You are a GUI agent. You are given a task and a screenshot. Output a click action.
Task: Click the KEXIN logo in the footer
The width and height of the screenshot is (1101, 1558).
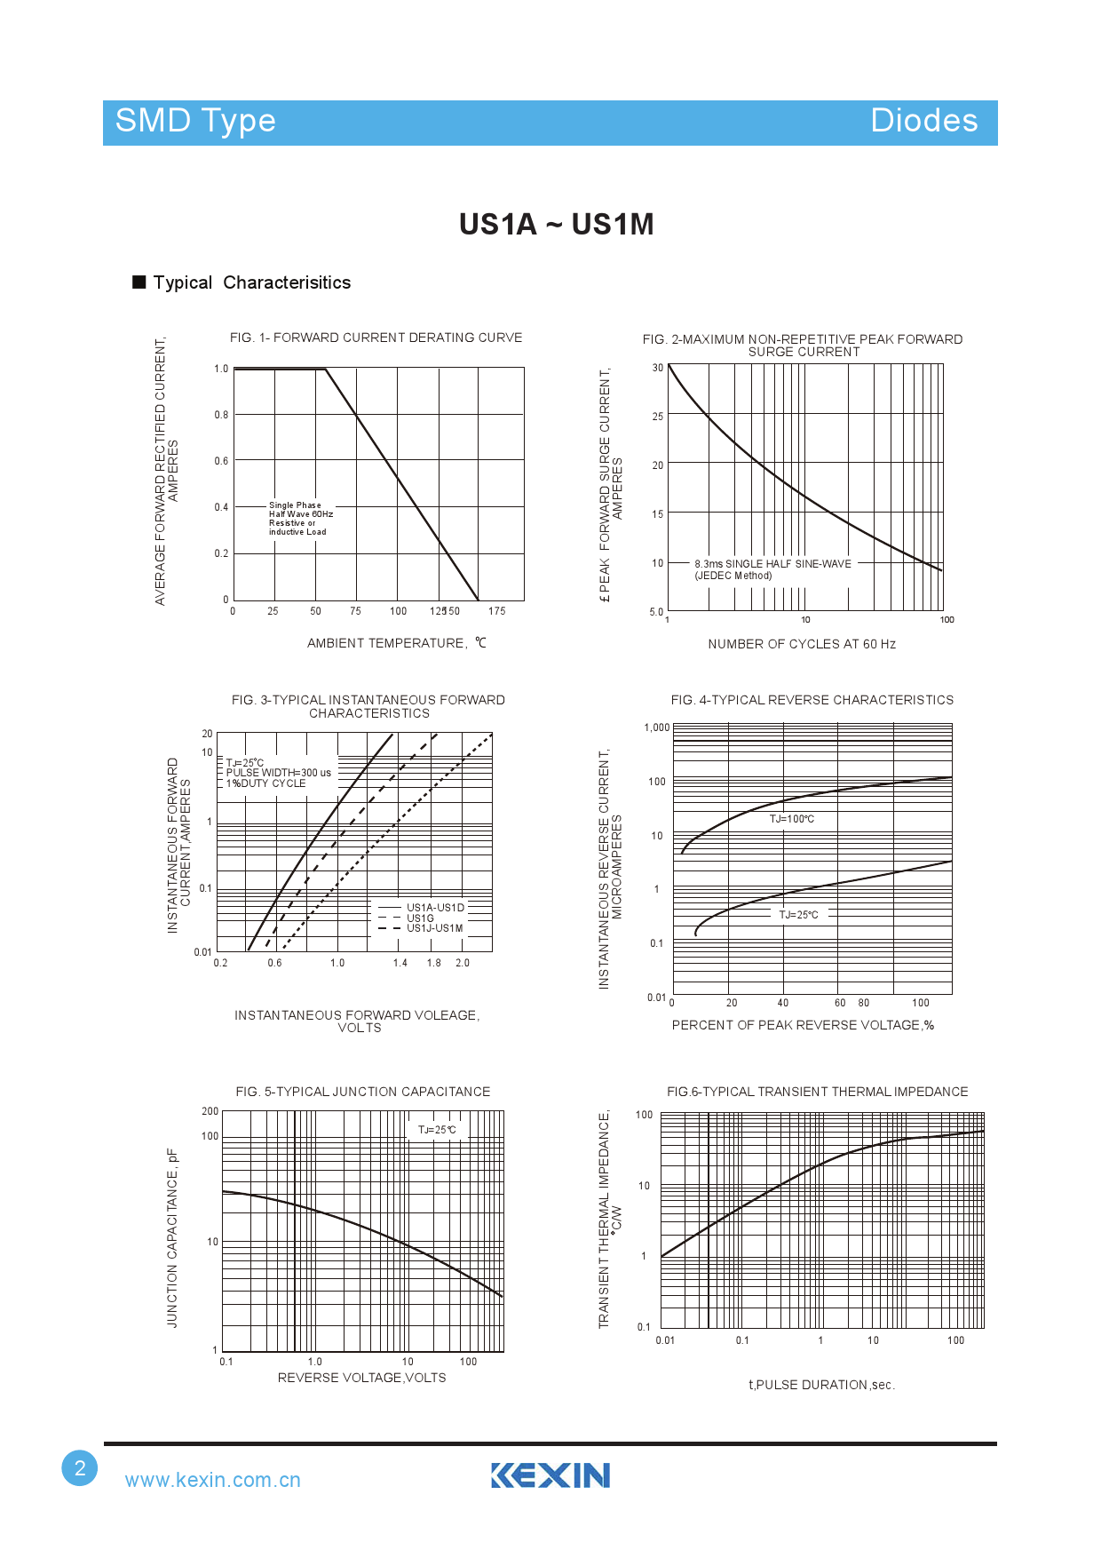(x=550, y=1475)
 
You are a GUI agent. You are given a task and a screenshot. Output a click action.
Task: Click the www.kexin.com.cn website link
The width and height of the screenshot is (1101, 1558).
(x=212, y=1480)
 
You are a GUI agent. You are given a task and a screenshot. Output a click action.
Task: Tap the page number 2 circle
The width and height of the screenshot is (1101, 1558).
(x=80, y=1467)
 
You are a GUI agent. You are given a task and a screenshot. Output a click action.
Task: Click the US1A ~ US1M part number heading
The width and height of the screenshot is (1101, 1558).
(x=556, y=225)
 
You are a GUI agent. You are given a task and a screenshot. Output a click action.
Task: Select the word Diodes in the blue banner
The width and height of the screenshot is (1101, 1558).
(x=923, y=121)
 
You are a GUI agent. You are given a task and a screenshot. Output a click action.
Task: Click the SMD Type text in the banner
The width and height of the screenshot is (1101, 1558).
(x=195, y=121)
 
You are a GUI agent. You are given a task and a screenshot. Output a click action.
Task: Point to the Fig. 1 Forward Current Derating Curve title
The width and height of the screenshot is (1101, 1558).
(x=376, y=338)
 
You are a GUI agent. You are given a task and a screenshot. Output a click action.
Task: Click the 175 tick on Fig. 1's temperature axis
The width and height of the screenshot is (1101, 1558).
(x=497, y=611)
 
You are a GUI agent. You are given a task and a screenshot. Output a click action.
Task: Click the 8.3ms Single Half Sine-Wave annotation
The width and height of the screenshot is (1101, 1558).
(x=772, y=564)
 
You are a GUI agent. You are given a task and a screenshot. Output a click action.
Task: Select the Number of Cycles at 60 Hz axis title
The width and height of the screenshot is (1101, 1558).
(x=801, y=644)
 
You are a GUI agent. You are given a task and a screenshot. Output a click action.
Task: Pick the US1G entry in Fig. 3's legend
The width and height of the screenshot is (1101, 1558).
(x=420, y=918)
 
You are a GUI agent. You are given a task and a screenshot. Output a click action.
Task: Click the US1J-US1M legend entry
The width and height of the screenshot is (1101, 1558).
(x=434, y=928)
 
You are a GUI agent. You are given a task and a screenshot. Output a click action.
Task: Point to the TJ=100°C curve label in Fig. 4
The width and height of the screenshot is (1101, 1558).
(x=791, y=819)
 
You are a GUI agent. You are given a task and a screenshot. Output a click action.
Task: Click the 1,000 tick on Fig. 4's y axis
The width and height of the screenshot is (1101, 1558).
(x=657, y=727)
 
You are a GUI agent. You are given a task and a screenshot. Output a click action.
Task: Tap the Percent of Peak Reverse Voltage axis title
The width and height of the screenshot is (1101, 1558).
(x=803, y=1025)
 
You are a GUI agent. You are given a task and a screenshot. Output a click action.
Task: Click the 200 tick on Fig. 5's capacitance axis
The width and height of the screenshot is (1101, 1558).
(x=210, y=1111)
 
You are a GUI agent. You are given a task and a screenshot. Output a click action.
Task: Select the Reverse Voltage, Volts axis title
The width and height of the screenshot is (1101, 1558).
(x=361, y=1378)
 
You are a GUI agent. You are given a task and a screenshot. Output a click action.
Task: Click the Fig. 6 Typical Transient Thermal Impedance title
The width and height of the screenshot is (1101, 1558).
(x=817, y=1092)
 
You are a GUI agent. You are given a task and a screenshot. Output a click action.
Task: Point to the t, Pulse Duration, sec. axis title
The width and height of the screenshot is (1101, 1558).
(x=821, y=1385)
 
